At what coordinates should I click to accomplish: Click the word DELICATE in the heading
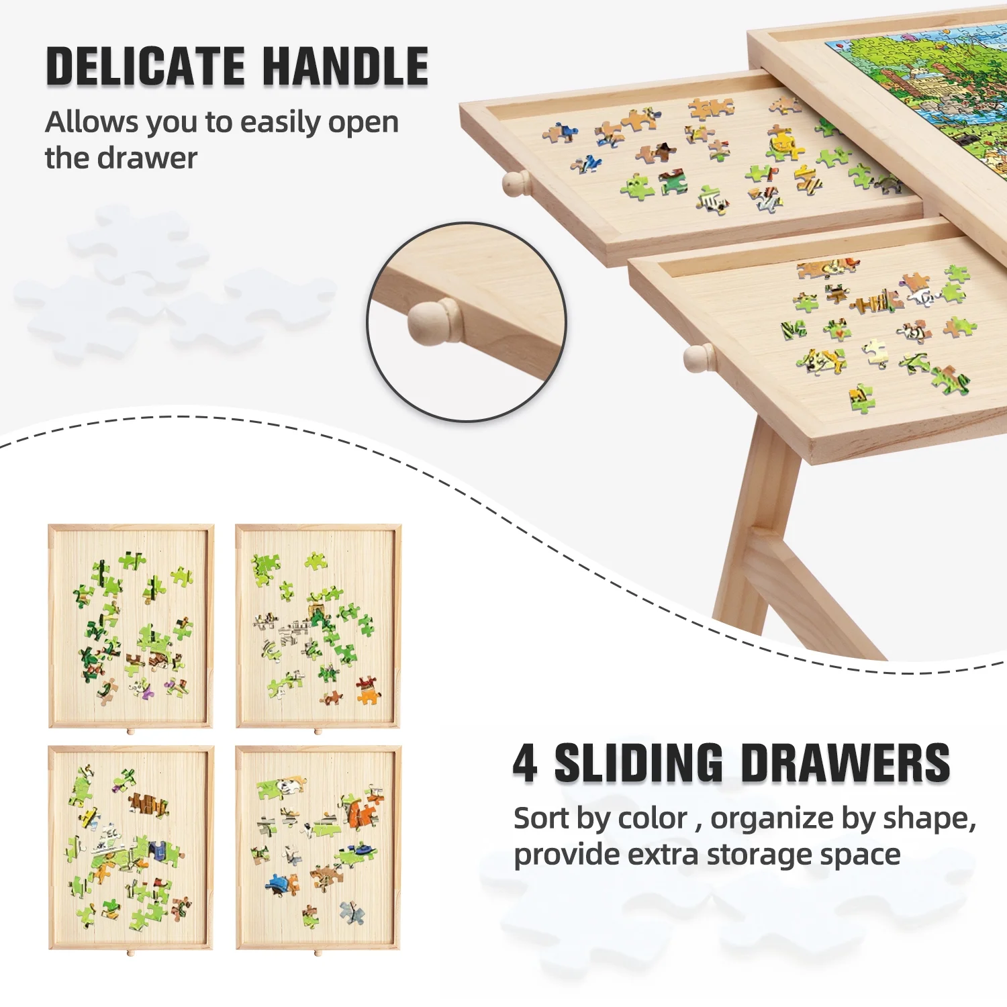(146, 66)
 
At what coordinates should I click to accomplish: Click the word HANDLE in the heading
(345, 66)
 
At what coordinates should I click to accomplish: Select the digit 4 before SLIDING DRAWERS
(525, 763)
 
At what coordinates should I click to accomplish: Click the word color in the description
(652, 818)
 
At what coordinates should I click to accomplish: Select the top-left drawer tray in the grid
(131, 626)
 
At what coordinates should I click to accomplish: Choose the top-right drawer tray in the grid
(318, 626)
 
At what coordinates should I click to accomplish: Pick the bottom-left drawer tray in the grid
(131, 848)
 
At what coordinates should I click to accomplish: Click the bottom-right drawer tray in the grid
(318, 848)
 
